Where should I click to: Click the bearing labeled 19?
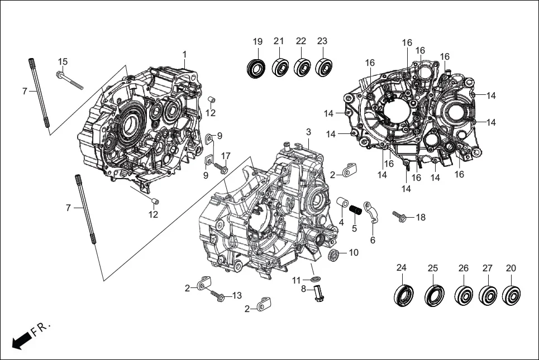(x=257, y=68)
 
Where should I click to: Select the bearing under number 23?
(x=323, y=68)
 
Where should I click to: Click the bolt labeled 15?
(x=69, y=79)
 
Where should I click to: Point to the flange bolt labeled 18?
(x=399, y=215)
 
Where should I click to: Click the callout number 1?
(x=184, y=54)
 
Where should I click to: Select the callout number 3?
(x=308, y=132)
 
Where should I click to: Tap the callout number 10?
(x=354, y=252)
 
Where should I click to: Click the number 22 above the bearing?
(x=301, y=41)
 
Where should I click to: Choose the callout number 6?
(x=373, y=240)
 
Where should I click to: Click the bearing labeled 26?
(x=463, y=295)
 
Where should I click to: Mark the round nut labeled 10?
(x=334, y=255)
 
